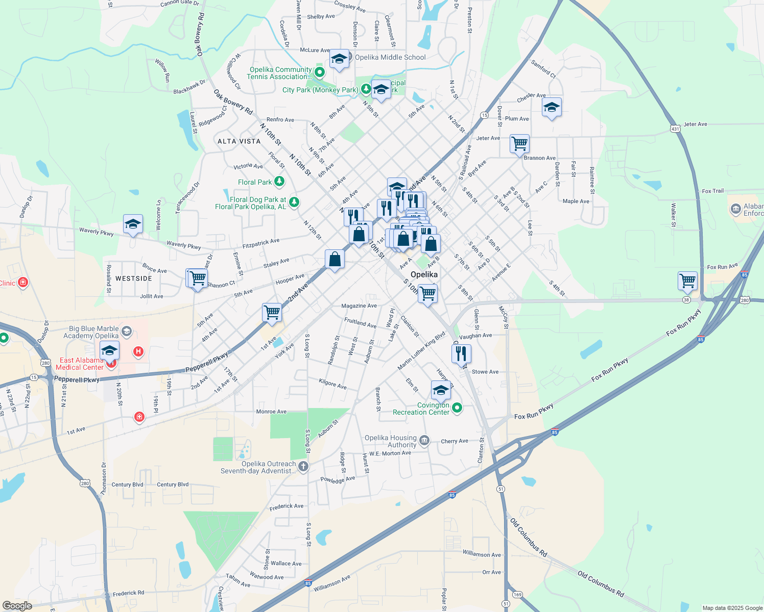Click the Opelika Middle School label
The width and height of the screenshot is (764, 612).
point(390,57)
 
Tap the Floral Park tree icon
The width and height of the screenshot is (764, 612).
point(279,181)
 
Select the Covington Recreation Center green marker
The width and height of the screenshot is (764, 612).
point(457,408)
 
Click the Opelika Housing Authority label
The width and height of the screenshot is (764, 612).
point(390,441)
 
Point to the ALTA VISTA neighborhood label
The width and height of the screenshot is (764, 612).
point(239,141)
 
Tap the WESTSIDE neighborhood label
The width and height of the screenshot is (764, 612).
point(134,278)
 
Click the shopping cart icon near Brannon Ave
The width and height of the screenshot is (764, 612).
point(519,144)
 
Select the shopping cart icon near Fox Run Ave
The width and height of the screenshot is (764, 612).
point(688,280)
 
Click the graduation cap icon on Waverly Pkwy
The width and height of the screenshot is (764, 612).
point(133,223)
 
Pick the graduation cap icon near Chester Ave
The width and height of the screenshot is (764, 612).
point(552,107)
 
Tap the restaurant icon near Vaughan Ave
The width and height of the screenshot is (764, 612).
point(461,353)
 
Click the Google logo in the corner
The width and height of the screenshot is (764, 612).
point(17,606)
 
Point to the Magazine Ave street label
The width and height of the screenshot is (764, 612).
point(359,306)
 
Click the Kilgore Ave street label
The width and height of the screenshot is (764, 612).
point(332,384)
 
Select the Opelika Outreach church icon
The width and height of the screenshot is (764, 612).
point(303,466)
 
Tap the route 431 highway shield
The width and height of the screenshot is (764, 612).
point(676,129)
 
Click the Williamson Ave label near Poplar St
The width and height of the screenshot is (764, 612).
point(482,554)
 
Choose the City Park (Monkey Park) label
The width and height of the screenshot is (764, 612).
point(320,90)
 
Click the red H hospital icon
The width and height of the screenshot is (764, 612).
point(138,351)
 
